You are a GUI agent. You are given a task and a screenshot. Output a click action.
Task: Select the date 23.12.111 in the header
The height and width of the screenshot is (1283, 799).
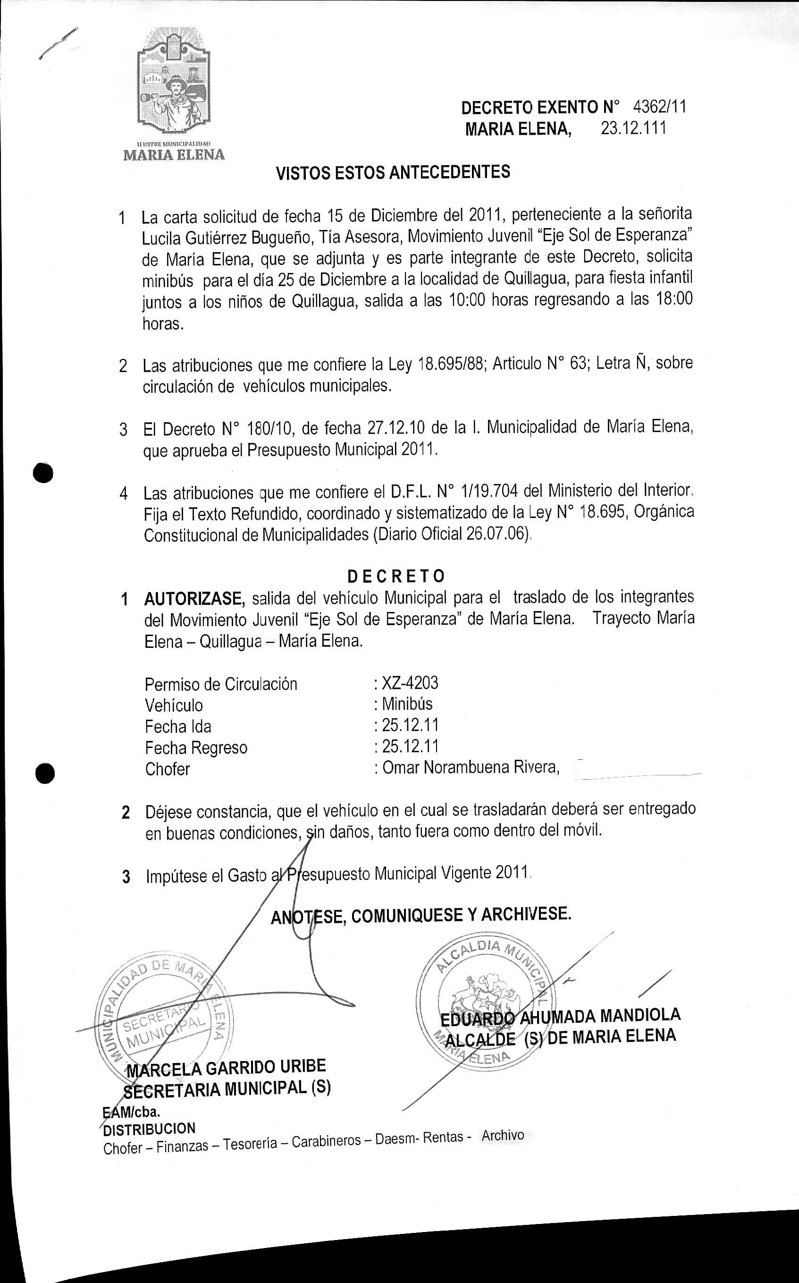click(633, 128)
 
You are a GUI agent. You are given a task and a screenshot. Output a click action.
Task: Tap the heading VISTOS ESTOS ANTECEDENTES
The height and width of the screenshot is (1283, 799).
click(393, 172)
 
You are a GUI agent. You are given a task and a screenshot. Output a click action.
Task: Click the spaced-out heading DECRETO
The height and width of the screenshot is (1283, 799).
click(396, 575)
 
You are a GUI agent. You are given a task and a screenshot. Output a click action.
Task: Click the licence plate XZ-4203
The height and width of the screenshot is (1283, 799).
click(410, 683)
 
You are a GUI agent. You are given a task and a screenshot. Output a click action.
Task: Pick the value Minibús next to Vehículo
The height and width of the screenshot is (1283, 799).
click(407, 704)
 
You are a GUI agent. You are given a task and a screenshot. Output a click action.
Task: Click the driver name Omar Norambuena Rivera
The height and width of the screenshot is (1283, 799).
click(471, 767)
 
